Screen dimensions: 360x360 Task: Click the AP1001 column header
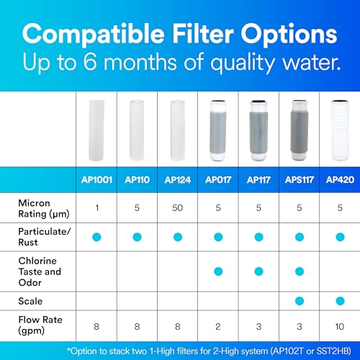coord(96,180)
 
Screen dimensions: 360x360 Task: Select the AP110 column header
coord(137,180)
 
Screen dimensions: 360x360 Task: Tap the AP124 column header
coord(177,180)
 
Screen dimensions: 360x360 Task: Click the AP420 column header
coord(338,180)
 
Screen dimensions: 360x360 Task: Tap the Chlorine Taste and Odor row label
coord(40,271)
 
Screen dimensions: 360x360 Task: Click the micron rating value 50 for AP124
coord(177,209)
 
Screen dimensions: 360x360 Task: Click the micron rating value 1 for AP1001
coord(96,209)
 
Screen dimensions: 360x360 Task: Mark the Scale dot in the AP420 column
coord(338,300)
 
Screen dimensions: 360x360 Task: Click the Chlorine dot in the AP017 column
coord(217,271)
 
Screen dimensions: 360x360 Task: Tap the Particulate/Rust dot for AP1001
coord(96,237)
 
